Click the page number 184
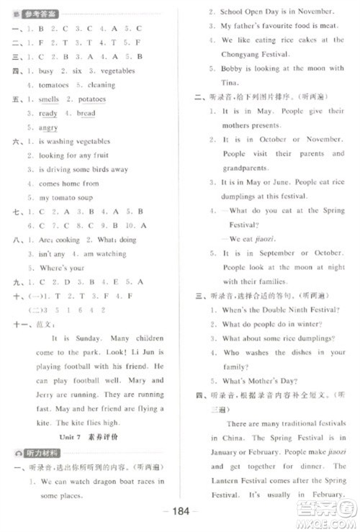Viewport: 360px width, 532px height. [181, 512]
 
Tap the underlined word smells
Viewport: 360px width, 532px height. [48, 99]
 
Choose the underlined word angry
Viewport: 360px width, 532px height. [48, 127]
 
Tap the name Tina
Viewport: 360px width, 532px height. [230, 82]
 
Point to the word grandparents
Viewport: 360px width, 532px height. [248, 168]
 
